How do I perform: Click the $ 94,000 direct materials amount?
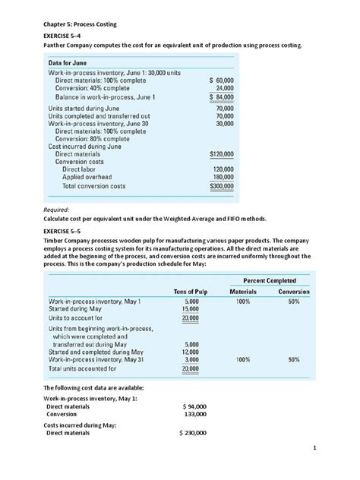[x=195, y=406]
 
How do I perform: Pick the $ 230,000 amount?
[x=193, y=433]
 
